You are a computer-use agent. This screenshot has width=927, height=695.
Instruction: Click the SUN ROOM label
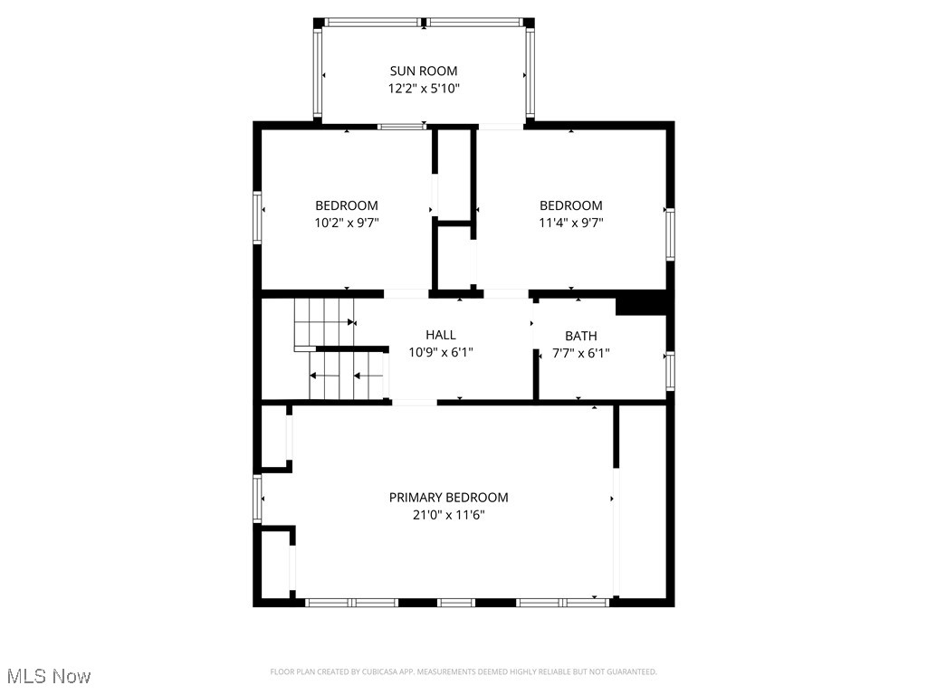tap(424, 71)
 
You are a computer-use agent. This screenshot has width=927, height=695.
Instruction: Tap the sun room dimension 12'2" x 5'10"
tap(424, 89)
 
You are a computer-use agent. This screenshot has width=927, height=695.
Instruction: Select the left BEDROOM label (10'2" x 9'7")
tap(347, 205)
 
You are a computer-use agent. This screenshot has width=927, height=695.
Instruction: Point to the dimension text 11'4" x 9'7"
tap(571, 223)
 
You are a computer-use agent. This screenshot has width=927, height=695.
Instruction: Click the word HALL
tap(441, 335)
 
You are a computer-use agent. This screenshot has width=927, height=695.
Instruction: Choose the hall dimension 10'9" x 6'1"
tap(441, 352)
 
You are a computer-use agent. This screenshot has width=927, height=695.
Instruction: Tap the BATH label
tap(581, 336)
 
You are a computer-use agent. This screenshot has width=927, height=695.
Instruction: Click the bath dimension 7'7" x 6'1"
tap(581, 353)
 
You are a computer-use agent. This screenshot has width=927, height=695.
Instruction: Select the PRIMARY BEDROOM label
tap(449, 497)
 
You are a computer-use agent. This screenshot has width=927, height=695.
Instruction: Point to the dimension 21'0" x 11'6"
tap(449, 515)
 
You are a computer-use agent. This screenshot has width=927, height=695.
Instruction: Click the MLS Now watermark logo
tap(49, 676)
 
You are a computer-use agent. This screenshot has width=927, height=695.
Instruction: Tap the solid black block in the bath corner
tap(641, 303)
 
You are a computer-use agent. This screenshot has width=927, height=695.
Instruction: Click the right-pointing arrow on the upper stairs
tap(349, 321)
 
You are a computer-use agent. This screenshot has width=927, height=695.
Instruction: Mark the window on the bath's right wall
tap(671, 370)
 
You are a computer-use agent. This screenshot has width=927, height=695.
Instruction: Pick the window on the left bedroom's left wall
tap(257, 217)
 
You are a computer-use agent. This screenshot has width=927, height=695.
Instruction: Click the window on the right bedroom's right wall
tap(671, 233)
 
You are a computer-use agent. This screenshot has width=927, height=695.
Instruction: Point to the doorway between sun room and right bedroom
tap(501, 127)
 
